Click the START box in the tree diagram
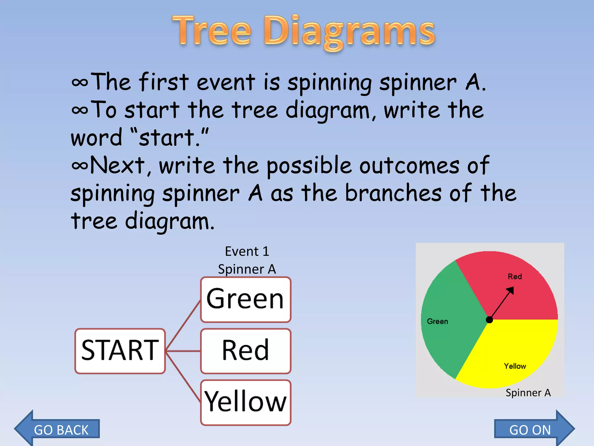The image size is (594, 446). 120,351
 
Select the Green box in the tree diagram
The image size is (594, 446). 245,299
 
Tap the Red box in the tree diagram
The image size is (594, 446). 245,351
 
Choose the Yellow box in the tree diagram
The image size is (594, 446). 245,402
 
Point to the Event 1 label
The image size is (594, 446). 247,251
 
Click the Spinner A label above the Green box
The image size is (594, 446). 247,269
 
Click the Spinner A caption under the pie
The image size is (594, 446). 528,393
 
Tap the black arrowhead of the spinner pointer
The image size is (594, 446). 510,290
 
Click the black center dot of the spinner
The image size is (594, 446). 489,320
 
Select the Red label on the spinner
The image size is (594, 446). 515,276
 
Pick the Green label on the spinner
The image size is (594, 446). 437,321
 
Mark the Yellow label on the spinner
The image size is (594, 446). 515,366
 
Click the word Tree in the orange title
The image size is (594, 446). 212,30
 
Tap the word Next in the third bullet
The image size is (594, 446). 117,166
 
